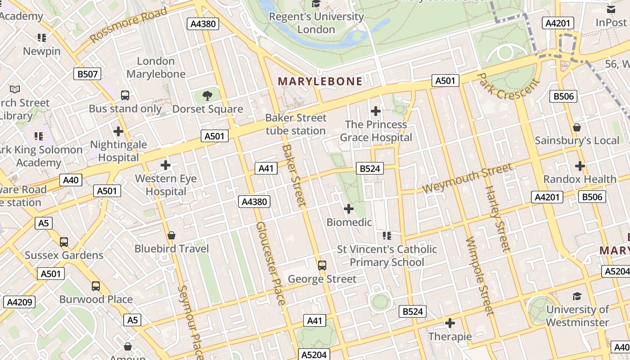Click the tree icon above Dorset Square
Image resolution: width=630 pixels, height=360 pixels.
click(x=207, y=95)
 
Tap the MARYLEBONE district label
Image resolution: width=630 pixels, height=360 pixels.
click(x=320, y=81)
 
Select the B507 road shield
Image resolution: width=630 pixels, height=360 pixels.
click(x=88, y=74)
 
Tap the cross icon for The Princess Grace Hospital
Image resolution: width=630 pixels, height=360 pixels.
click(x=376, y=111)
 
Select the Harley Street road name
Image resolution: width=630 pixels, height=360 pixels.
click(x=498, y=218)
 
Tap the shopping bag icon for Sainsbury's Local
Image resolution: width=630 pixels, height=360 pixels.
click(x=577, y=127)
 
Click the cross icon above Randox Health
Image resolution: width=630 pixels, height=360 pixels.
click(x=580, y=166)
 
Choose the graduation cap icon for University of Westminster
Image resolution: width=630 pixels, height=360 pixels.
click(x=577, y=296)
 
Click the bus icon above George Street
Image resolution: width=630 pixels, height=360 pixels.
click(x=322, y=265)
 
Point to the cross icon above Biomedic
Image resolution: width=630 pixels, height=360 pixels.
click(x=349, y=209)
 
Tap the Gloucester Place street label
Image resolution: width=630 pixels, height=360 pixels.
click(x=270, y=263)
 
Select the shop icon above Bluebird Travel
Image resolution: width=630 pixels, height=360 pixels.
click(x=171, y=235)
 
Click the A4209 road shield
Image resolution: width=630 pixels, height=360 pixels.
click(x=19, y=302)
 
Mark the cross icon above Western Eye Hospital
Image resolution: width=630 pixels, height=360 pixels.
click(x=166, y=165)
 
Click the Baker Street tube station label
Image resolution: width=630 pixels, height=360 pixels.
click(x=296, y=124)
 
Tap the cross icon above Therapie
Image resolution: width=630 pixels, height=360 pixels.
click(x=450, y=323)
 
